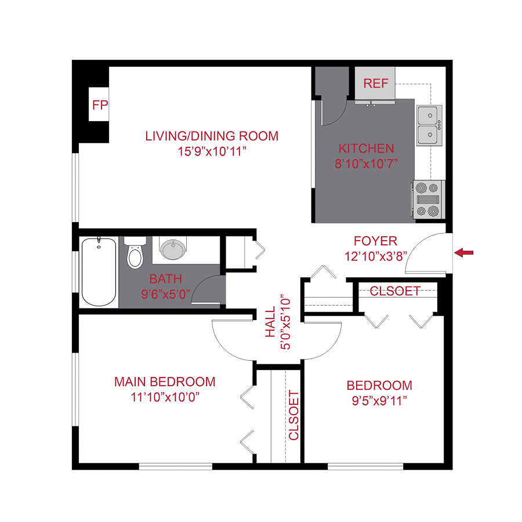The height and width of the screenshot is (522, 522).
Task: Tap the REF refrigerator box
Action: click(x=375, y=83)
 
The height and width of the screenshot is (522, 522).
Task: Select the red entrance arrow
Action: click(x=464, y=252)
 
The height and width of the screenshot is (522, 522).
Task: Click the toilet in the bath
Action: click(x=135, y=253)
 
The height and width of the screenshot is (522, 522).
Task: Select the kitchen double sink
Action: click(x=429, y=125)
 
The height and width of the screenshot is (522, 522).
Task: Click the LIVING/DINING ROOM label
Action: click(x=212, y=136)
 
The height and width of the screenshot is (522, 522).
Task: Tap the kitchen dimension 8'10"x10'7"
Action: click(x=366, y=163)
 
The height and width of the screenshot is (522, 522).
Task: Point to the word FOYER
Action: click(x=375, y=241)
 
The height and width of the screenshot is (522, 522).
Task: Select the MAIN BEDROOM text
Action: click(x=165, y=382)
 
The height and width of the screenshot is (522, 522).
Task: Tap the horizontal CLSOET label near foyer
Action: click(x=394, y=291)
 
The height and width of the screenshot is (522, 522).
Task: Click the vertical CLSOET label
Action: click(x=293, y=415)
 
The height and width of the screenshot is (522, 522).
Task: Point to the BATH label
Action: click(x=166, y=278)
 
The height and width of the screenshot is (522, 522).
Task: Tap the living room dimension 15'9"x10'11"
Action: click(x=212, y=152)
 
